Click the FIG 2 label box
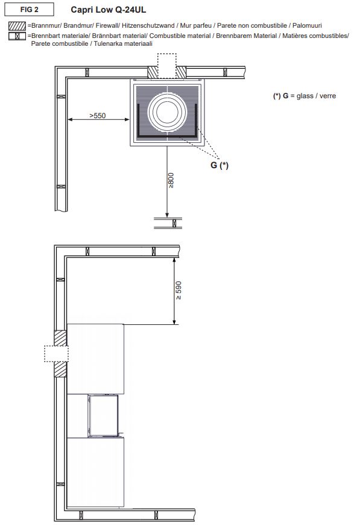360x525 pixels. [29, 10]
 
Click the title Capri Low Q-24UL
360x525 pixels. [108, 10]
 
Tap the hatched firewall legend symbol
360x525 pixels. [17, 26]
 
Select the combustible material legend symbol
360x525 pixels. [17, 36]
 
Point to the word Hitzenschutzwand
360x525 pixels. [148, 25]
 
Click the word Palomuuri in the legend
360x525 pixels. [307, 25]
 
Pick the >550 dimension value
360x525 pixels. [98, 116]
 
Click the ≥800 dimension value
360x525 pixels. [171, 180]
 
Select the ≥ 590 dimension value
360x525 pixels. [178, 291]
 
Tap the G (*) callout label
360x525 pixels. [219, 165]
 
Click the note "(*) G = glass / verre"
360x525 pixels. [305, 96]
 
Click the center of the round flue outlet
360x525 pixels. [167, 111]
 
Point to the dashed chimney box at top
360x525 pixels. [167, 66]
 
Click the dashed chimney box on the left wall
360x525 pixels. [56, 354]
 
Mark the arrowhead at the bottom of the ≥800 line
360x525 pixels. [167, 215]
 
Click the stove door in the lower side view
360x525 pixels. [103, 415]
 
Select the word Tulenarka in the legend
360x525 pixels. [108, 43]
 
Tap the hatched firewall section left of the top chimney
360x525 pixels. [153, 72]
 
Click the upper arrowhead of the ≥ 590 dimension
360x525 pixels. [174, 260]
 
